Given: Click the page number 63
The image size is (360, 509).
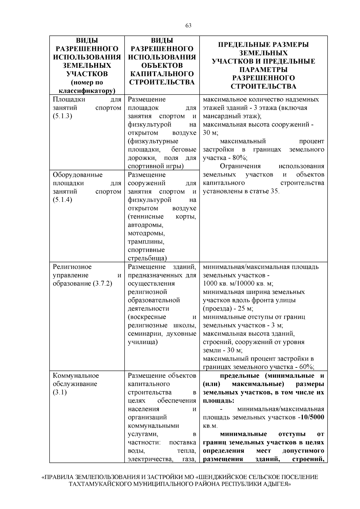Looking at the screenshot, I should click(188, 26).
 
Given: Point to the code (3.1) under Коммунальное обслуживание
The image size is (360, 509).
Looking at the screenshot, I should click(60, 392).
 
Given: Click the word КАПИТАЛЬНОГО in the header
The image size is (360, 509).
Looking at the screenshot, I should click(162, 74).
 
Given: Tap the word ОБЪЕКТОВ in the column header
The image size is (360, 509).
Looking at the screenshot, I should click(162, 65).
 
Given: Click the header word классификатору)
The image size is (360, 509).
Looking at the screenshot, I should click(87, 91).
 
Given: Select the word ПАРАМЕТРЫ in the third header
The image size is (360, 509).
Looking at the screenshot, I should click(263, 70).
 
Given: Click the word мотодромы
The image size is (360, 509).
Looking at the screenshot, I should click(146, 233).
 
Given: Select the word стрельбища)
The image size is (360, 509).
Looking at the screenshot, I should click(147, 258).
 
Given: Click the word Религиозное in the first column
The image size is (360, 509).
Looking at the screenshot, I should click(72, 267).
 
